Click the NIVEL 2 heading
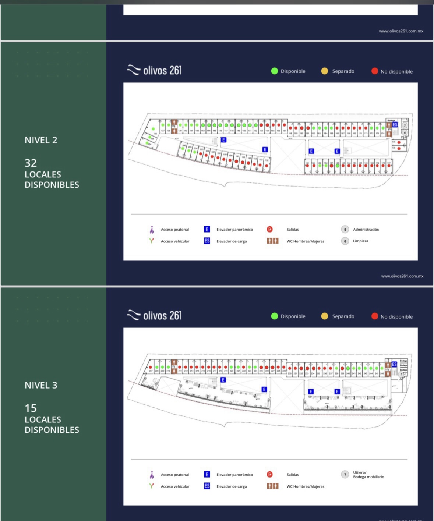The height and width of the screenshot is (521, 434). [x=41, y=140]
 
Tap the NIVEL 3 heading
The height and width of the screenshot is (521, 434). [x=41, y=385]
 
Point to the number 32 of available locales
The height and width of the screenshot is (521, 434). [x=31, y=163]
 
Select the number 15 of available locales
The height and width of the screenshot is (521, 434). [x=31, y=408]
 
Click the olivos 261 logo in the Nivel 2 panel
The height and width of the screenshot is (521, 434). [x=154, y=70]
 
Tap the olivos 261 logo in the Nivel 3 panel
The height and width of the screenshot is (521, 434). [x=154, y=315]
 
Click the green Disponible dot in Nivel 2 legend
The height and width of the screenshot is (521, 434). [x=274, y=71]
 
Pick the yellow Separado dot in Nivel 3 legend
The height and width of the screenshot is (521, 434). [x=324, y=316]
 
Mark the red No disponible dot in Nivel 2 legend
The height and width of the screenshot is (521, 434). [x=374, y=71]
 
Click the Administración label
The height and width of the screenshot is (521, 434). [x=366, y=230]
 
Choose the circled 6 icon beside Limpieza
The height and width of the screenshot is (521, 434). [x=345, y=241]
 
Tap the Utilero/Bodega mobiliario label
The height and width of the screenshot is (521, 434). [x=368, y=475]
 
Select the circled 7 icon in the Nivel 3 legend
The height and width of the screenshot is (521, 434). [x=345, y=475]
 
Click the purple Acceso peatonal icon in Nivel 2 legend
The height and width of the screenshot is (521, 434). [x=152, y=230]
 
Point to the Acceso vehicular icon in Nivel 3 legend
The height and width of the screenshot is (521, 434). [x=151, y=486]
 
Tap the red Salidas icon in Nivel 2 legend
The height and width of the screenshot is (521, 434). [x=270, y=230]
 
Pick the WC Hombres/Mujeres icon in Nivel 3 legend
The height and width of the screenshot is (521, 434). [x=272, y=486]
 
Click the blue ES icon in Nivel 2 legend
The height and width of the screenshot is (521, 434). [x=207, y=241]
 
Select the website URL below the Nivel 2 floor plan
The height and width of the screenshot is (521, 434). [x=402, y=276]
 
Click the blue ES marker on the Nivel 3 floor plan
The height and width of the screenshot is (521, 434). [x=394, y=364]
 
